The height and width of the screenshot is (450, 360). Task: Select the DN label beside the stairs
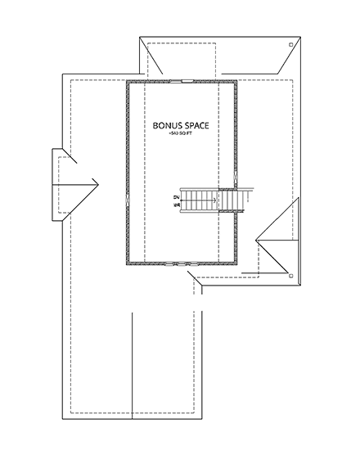click(177, 201)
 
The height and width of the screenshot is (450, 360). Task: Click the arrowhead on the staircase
click(215, 198)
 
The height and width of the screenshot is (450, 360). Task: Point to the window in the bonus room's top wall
click(181, 80)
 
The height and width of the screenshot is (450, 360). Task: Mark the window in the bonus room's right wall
click(236, 176)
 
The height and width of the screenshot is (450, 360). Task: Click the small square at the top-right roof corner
click(292, 44)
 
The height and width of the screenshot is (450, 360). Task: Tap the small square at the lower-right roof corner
click(292, 277)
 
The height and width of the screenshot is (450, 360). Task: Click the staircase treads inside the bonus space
click(196, 199)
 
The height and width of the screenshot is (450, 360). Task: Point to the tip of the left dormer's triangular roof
click(97, 182)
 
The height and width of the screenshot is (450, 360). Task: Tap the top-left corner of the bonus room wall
click(127, 81)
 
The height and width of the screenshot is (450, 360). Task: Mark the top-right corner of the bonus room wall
click(236, 81)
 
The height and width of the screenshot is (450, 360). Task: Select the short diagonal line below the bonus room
click(196, 283)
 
